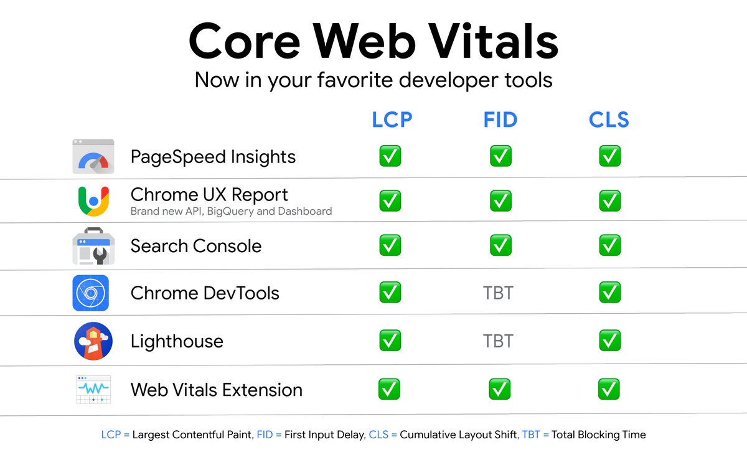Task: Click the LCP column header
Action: click(x=392, y=120)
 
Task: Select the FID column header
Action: click(x=500, y=120)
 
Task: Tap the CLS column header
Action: click(x=609, y=120)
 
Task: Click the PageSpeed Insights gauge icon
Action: click(x=93, y=157)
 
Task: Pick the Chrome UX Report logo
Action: click(x=93, y=200)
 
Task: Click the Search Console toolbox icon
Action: click(x=93, y=247)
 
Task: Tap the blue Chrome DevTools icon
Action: click(x=91, y=293)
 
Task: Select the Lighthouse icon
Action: click(x=93, y=341)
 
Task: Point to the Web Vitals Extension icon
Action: click(x=93, y=390)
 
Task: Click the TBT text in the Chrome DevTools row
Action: click(x=499, y=293)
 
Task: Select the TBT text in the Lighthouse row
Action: click(x=499, y=341)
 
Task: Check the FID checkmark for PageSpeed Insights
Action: click(x=500, y=156)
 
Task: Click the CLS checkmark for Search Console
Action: click(x=610, y=246)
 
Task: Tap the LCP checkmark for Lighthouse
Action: click(x=390, y=341)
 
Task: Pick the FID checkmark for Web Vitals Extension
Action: click(x=500, y=390)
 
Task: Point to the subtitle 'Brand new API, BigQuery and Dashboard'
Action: click(x=231, y=212)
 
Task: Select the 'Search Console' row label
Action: click(x=196, y=246)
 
